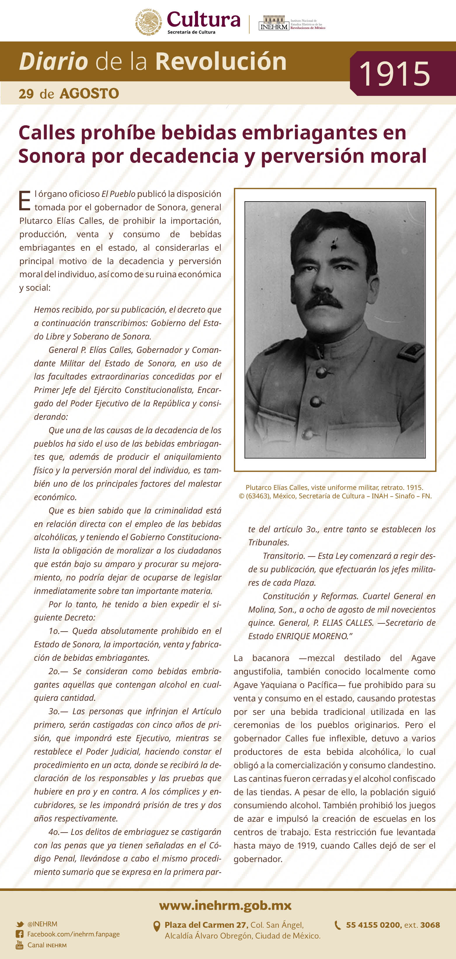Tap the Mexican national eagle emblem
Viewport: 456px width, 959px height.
(148, 22)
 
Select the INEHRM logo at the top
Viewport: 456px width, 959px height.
(274, 23)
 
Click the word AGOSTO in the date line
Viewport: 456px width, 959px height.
(89, 93)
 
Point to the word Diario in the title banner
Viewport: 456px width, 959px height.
(53, 61)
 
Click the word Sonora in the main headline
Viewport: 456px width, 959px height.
(52, 156)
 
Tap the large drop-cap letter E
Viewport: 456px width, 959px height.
(25, 201)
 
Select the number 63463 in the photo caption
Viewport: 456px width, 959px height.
(258, 496)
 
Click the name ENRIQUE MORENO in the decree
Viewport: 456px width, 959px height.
(311, 636)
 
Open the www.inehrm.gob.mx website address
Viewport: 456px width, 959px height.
(225, 905)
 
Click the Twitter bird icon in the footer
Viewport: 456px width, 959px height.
(20, 924)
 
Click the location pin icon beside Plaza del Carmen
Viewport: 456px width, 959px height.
(157, 926)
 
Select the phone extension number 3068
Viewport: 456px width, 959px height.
(430, 925)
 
